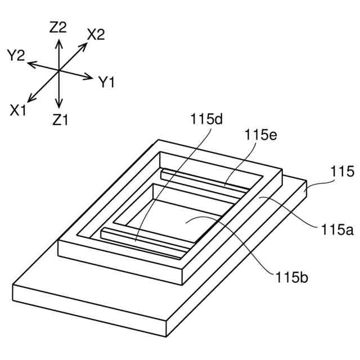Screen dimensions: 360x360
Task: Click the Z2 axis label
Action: click(58, 27)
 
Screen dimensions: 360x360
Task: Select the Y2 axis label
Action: click(16, 55)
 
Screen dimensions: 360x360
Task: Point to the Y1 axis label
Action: click(107, 83)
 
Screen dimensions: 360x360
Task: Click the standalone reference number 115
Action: click(343, 172)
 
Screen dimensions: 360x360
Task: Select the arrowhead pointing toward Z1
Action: click(58, 105)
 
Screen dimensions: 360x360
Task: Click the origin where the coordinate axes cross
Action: click(58, 70)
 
